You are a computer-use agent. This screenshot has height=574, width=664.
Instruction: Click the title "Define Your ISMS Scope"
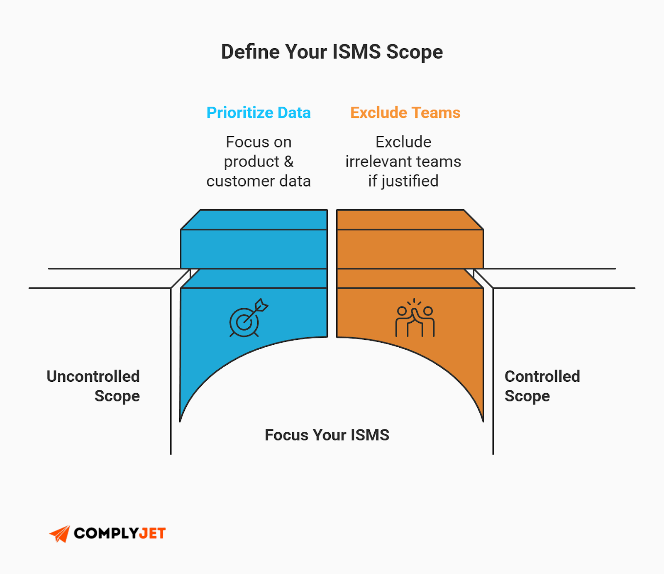click(x=332, y=52)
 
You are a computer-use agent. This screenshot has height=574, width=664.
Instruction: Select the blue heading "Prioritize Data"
click(x=259, y=113)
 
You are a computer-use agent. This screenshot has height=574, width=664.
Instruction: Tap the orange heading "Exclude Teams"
click(x=405, y=113)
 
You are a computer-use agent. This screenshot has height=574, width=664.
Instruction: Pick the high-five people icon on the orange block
click(x=415, y=318)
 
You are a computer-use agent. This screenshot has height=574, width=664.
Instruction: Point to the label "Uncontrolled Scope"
click(x=93, y=386)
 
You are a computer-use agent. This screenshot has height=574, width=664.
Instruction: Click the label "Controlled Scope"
click(x=542, y=386)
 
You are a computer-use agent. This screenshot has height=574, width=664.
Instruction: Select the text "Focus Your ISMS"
click(x=327, y=435)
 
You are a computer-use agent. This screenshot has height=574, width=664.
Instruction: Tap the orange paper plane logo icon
click(x=60, y=534)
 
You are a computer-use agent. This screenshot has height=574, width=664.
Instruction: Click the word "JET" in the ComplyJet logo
click(x=152, y=533)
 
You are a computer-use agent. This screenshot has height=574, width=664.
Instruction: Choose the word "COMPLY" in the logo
click(x=106, y=533)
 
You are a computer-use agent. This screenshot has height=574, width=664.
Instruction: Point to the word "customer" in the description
click(x=240, y=181)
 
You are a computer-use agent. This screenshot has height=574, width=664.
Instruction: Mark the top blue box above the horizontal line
click(x=254, y=248)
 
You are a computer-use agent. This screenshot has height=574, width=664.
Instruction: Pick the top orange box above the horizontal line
click(x=410, y=248)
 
